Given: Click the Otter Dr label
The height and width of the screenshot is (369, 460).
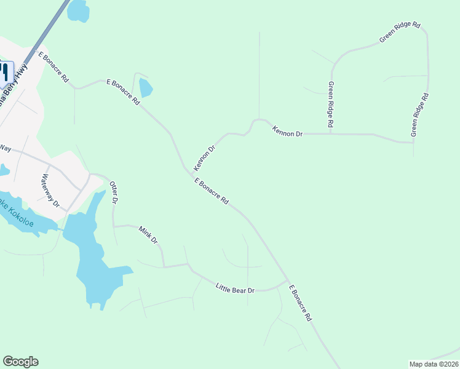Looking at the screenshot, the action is (113, 192).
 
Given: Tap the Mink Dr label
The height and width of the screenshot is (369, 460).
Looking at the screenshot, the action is (148, 235).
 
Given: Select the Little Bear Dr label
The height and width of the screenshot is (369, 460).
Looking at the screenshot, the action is (235, 287).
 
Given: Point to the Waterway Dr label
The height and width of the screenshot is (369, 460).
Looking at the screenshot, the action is (50, 191).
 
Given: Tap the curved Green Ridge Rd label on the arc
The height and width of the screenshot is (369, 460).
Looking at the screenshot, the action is (400, 33).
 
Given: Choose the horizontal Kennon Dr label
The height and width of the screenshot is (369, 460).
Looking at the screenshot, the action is (288, 131).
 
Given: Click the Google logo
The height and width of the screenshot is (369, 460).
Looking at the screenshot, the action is (20, 362).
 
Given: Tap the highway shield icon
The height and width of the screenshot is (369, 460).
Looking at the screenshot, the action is (5, 72).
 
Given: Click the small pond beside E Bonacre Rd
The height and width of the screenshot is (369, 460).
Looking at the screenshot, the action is (145, 88).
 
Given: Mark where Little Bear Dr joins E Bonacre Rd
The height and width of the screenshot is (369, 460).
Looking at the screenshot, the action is (287, 282).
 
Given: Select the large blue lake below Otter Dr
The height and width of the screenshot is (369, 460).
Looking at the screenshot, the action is (92, 252).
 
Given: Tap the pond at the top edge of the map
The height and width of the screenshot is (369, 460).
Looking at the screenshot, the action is (78, 10).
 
